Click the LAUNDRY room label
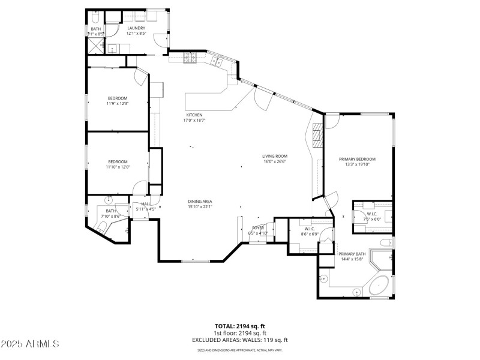pyautogui.click(x=136, y=28)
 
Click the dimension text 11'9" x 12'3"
pyautogui.click(x=118, y=103)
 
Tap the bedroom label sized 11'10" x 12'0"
pyautogui.click(x=118, y=161)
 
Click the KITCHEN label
pyautogui.click(x=194, y=115)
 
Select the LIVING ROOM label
pyautogui.click(x=275, y=155)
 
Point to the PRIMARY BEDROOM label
pyautogui.click(x=357, y=158)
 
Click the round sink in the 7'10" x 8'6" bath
pyautogui.click(x=109, y=200)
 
